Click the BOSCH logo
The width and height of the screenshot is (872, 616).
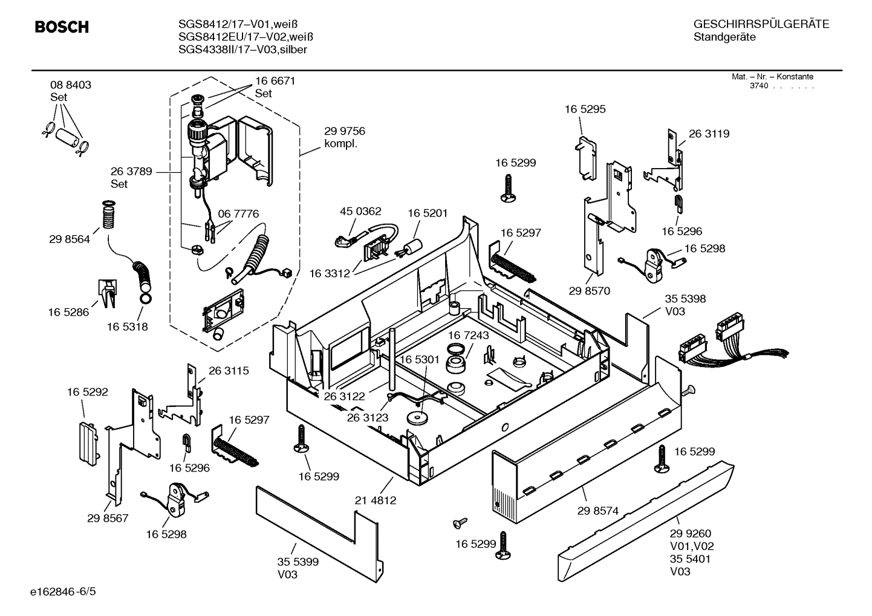click(62, 27)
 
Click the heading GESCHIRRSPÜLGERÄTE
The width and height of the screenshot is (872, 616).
click(761, 24)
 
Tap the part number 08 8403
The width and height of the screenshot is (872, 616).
click(71, 85)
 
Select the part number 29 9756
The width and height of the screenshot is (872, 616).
click(344, 131)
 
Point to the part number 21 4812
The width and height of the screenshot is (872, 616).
click(375, 501)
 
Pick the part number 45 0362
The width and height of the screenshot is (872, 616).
click(360, 212)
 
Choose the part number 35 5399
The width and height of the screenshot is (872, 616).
click(298, 562)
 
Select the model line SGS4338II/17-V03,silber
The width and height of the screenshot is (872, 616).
click(242, 50)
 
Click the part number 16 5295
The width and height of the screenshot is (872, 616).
click(585, 109)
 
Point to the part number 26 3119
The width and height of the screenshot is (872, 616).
click(709, 134)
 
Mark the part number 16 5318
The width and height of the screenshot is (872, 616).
click(128, 327)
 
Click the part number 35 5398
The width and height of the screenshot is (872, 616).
click(685, 299)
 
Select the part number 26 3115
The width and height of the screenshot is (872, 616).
click(229, 371)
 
